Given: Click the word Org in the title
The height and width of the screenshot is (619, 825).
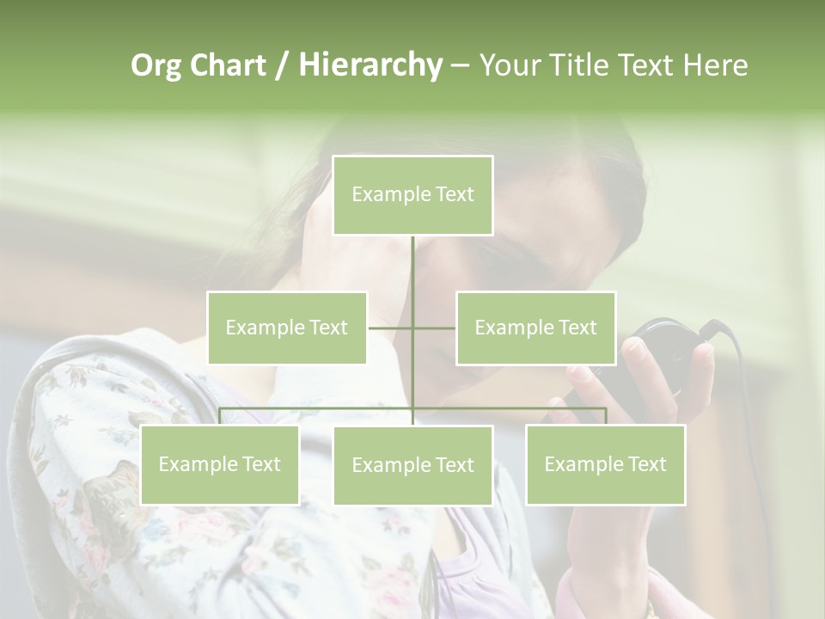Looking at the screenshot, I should [156, 65].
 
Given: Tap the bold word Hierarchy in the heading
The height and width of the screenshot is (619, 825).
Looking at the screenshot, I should [370, 65].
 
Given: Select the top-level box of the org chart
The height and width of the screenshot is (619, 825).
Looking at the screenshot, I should [412, 195].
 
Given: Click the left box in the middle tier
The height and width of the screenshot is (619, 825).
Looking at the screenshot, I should [286, 328].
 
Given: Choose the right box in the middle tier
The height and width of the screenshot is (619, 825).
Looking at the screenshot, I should [535, 328].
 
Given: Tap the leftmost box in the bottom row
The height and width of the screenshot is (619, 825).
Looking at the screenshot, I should [219, 464].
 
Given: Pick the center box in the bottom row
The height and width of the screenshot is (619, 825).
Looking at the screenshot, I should [412, 465].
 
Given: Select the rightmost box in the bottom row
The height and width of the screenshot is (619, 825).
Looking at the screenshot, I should [605, 464].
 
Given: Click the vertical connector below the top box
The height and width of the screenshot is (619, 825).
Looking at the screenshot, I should [412, 275].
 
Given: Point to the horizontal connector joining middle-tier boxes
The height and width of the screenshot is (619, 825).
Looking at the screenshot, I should [391, 328].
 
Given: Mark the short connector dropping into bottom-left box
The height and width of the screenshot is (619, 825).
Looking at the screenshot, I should [220, 416].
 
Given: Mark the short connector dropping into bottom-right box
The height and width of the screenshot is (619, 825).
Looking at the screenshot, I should [606, 416].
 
